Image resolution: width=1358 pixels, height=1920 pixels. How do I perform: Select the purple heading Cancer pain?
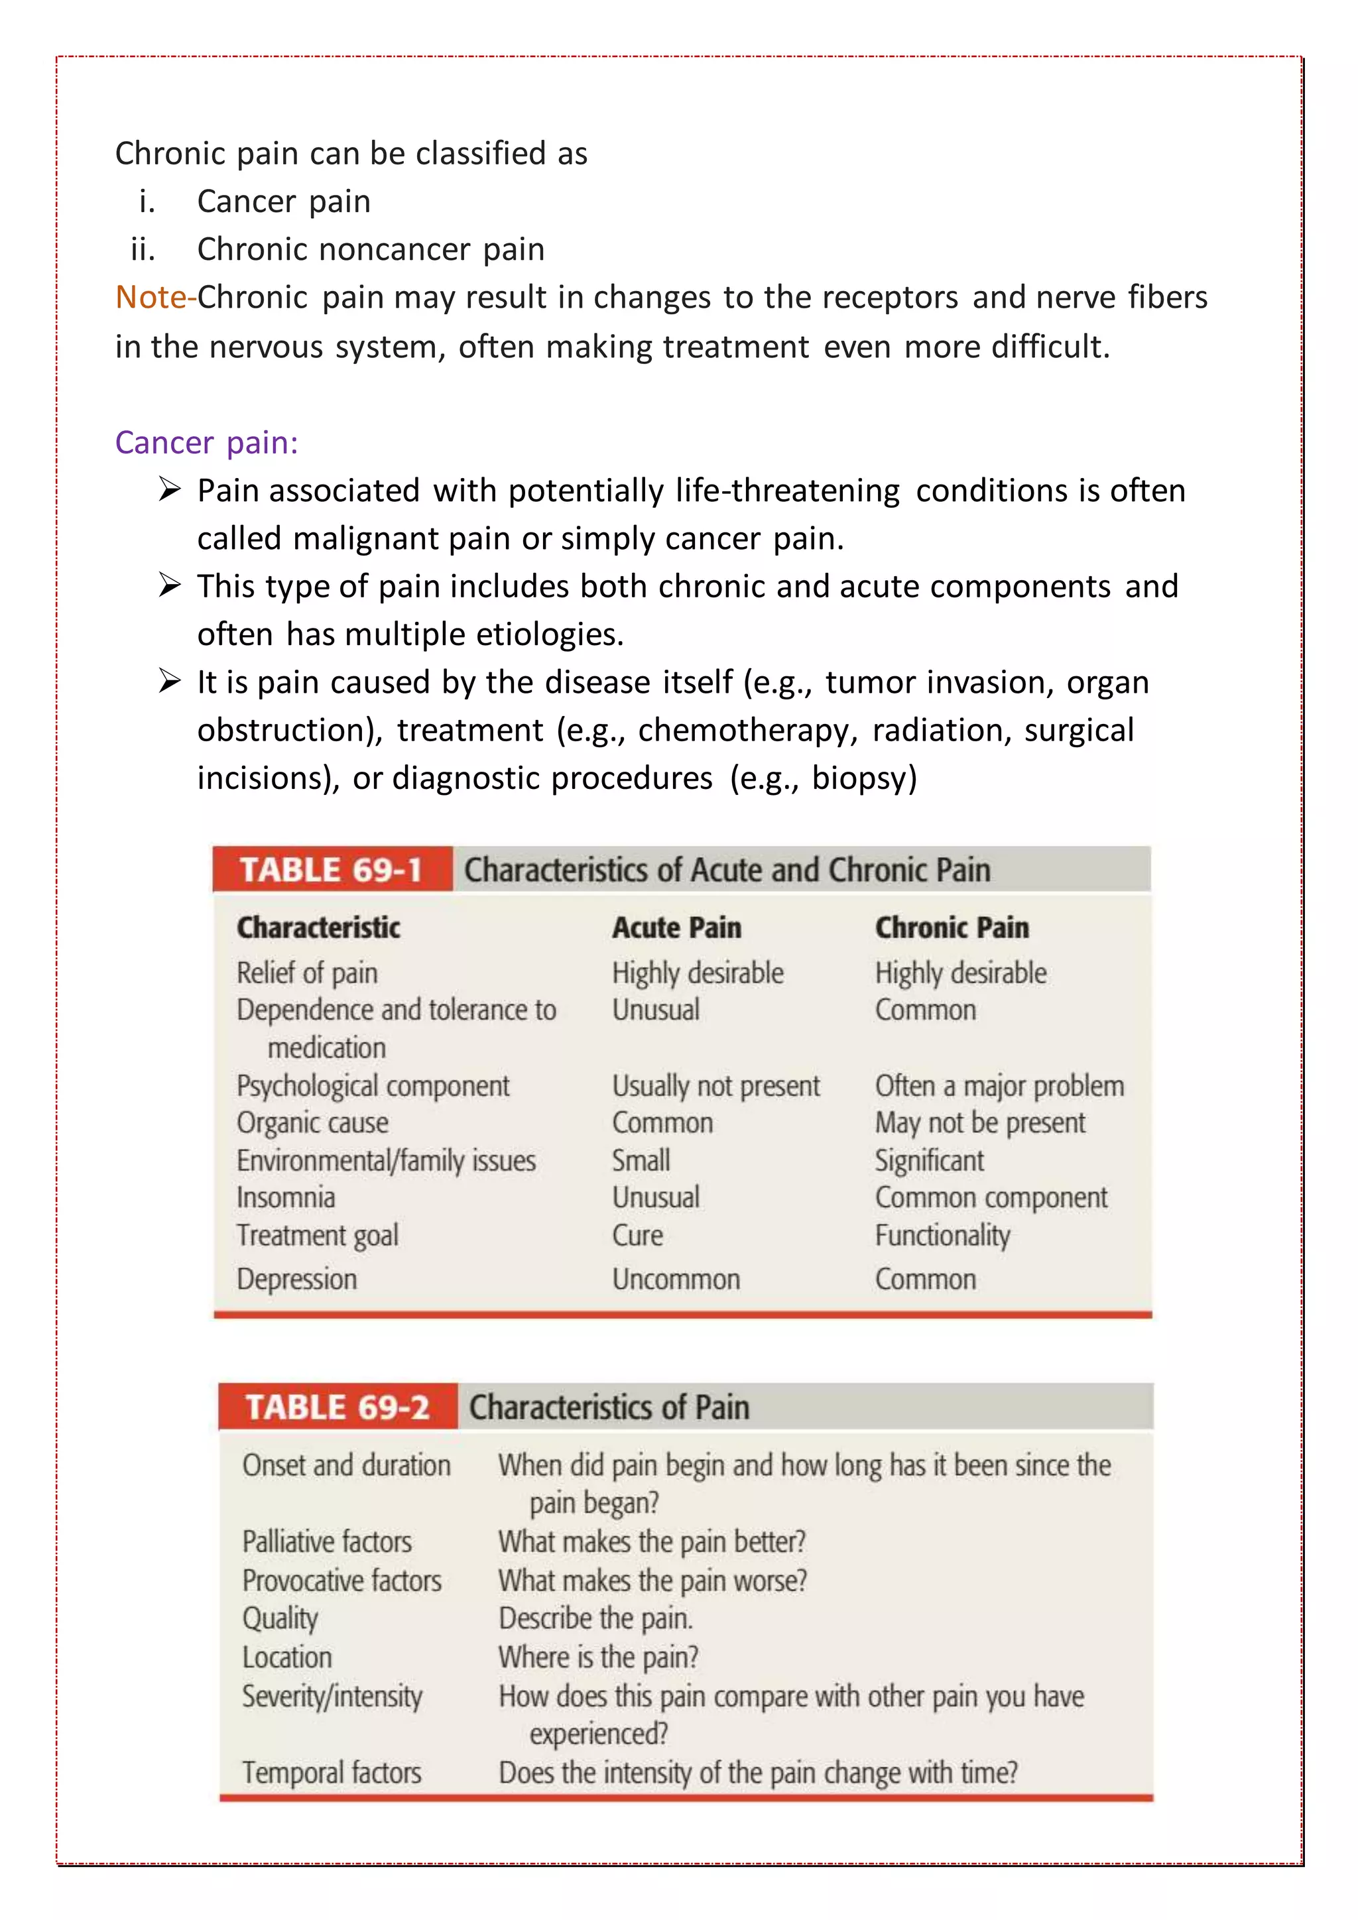206,442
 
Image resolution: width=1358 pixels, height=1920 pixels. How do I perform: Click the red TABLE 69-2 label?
337,1407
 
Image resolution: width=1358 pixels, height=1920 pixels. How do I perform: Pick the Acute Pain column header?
676,928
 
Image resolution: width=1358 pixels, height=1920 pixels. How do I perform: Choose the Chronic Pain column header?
952,928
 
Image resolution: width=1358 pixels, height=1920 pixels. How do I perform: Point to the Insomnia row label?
286,1197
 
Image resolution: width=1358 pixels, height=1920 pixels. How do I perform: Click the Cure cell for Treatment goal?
637,1235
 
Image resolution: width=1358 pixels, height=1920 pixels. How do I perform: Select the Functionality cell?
942,1235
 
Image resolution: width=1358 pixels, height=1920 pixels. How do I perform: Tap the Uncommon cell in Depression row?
676,1280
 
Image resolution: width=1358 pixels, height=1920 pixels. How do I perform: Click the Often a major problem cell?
999,1085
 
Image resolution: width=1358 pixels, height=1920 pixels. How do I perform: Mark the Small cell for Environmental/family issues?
641,1161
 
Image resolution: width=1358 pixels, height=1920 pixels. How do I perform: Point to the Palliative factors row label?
327,1541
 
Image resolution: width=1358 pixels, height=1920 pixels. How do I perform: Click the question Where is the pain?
598,1657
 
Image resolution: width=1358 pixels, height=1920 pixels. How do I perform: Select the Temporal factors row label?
332,1772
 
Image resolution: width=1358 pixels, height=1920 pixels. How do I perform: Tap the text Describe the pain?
595,1618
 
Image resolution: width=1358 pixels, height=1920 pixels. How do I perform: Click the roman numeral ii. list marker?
143,249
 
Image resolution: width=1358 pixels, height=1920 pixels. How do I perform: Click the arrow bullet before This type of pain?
170,585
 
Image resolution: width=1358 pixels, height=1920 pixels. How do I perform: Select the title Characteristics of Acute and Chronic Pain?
727,870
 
